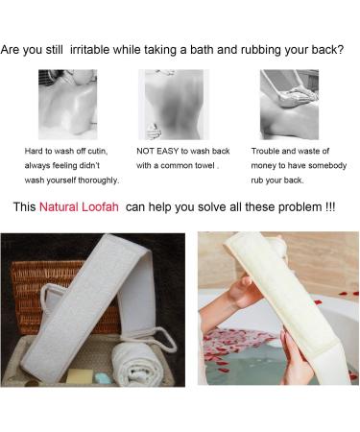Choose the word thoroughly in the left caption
click(x=97, y=179)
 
